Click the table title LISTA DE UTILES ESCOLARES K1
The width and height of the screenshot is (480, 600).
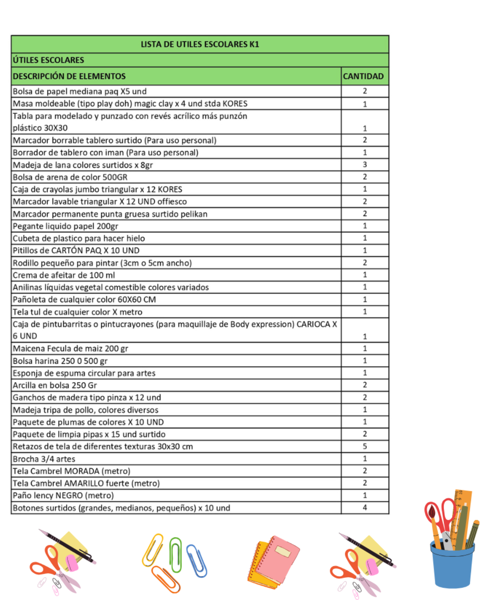tap(199, 44)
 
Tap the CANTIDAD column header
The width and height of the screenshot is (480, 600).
tap(363, 76)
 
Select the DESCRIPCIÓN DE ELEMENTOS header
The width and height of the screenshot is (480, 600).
tap(69, 76)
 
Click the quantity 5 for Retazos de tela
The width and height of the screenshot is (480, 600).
tap(364, 446)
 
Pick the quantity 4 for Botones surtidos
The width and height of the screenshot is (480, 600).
tap(364, 507)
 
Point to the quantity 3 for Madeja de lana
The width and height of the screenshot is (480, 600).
tap(364, 165)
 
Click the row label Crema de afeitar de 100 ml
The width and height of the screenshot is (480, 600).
tap(64, 275)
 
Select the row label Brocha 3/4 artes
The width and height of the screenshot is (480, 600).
tap(44, 459)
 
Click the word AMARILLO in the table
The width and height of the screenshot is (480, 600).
tap(84, 483)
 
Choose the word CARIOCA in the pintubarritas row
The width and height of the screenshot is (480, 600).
tap(313, 324)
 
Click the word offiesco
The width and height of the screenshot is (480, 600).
tap(172, 202)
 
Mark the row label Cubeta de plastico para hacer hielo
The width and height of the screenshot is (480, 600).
tap(79, 238)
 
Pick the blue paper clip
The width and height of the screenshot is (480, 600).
tap(197, 561)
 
